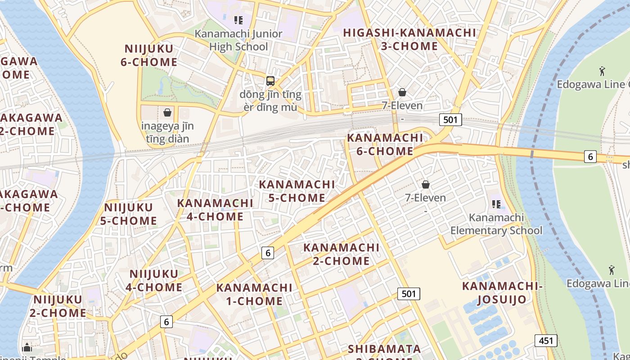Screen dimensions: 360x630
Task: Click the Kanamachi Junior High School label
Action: tap(238, 40)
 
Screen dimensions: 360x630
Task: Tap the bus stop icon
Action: tap(270, 81)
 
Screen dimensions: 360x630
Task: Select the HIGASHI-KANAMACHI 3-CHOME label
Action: tap(409, 39)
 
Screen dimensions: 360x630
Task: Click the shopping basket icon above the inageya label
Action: tap(167, 112)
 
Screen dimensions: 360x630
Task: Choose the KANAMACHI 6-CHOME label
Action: tap(385, 144)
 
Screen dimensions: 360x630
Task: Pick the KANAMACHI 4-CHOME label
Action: tap(215, 210)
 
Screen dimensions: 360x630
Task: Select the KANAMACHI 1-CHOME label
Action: tap(254, 294)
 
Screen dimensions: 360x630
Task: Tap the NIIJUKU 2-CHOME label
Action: tap(58, 306)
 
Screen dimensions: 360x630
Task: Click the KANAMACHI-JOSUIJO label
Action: tap(502, 292)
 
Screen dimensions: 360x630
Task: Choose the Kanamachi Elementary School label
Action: tap(496, 224)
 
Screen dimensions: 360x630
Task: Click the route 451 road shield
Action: tap(546, 341)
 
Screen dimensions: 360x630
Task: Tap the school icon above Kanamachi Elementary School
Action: tap(496, 204)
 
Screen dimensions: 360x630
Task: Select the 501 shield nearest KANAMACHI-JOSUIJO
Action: tap(408, 294)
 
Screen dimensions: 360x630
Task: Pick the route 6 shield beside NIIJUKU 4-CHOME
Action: tap(166, 322)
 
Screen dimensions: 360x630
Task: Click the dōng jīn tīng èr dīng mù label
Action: tap(270, 101)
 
